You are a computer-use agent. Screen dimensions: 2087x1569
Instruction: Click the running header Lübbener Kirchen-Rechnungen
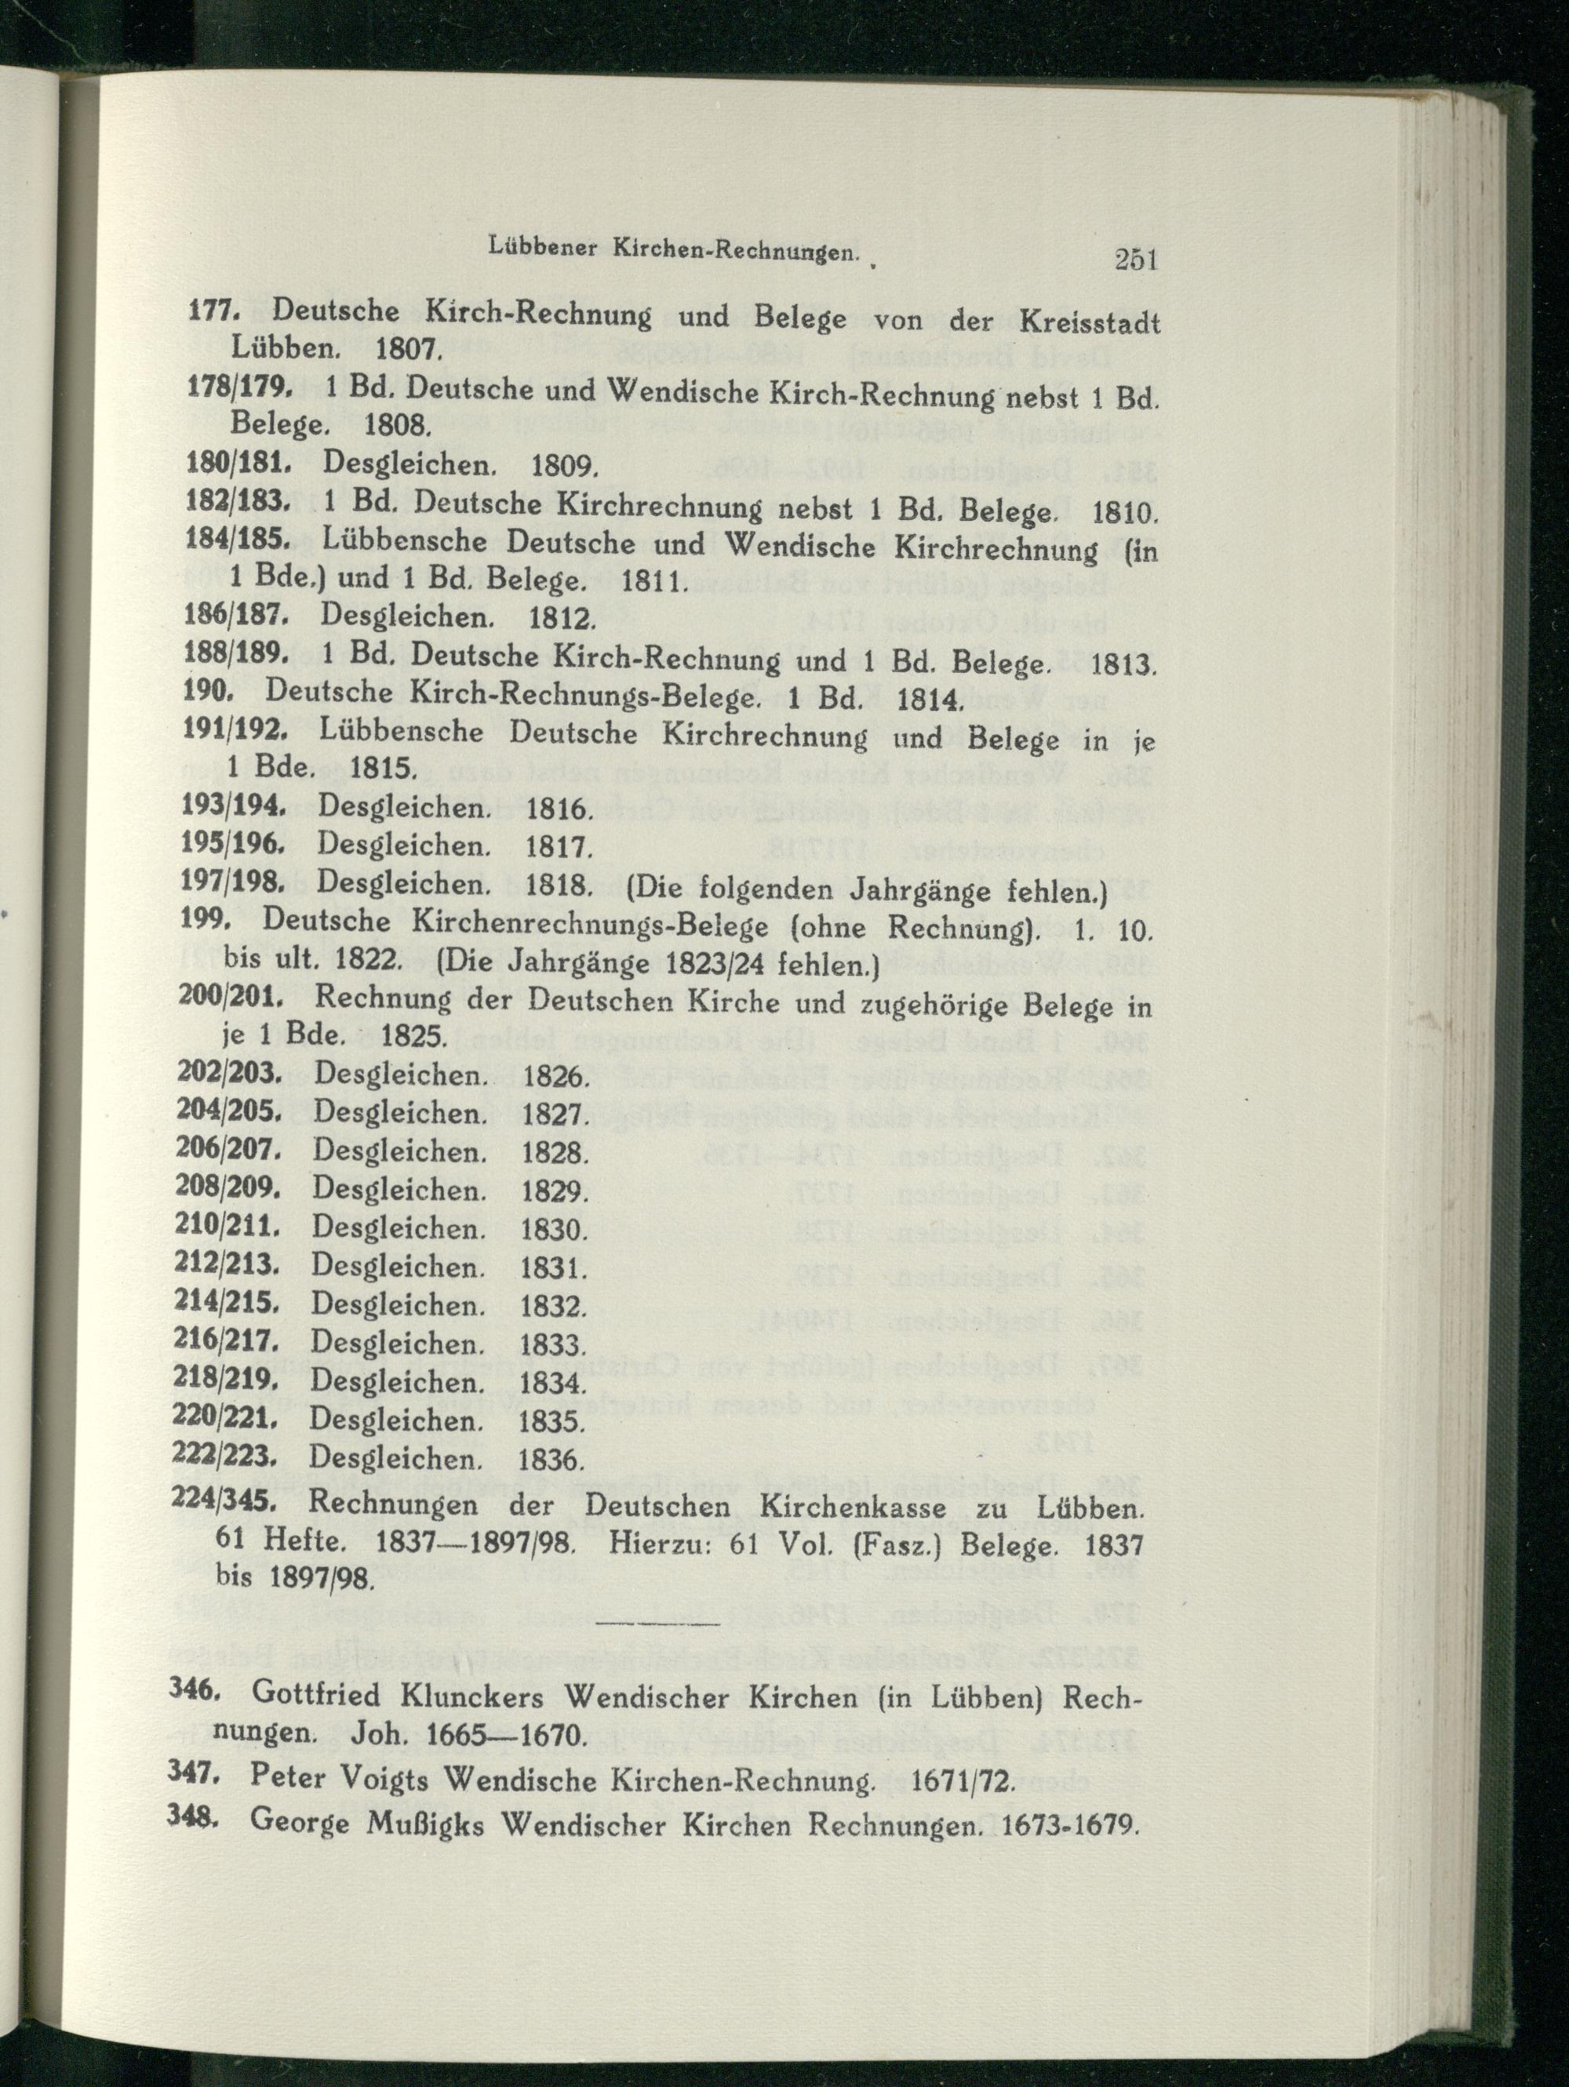pyautogui.click(x=671, y=250)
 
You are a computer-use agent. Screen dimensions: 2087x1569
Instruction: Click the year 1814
pyautogui.click(x=928, y=701)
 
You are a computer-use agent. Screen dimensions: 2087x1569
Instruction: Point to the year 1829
pyautogui.click(x=554, y=1191)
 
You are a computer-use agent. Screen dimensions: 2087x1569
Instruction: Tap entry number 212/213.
pyautogui.click(x=228, y=1265)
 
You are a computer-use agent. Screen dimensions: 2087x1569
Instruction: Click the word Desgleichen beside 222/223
pyautogui.click(x=396, y=1459)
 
